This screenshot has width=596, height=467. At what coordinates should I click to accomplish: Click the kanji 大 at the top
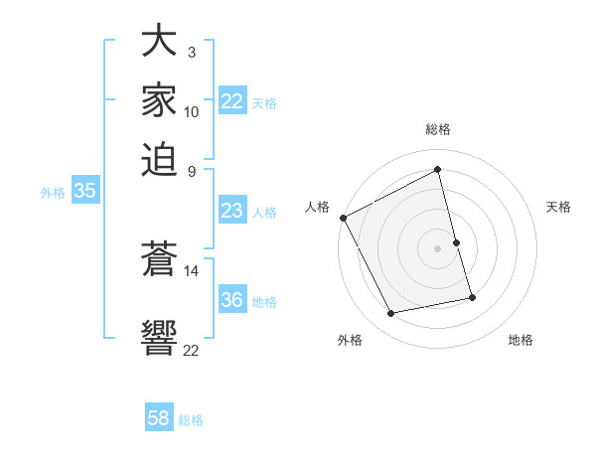159,42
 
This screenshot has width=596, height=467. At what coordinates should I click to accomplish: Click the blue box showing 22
232,101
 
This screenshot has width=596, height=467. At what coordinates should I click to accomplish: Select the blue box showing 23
232,211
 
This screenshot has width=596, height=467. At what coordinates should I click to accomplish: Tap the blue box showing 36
232,300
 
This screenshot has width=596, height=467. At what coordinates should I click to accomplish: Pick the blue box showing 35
84,192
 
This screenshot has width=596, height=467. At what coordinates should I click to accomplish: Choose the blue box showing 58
159,418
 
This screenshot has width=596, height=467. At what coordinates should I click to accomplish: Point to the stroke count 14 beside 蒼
192,269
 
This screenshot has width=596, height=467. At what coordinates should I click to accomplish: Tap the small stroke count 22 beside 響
192,349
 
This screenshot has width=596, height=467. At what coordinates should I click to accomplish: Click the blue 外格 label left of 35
52,193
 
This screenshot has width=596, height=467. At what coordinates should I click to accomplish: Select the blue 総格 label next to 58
191,420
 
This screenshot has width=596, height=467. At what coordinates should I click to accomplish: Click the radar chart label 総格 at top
437,129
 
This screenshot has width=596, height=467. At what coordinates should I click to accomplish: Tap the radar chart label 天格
558,207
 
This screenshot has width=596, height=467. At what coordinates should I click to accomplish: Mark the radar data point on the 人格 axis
343,218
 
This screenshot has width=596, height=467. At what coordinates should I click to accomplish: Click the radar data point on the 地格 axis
472,297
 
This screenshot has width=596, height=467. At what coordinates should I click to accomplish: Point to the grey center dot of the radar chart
437,248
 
